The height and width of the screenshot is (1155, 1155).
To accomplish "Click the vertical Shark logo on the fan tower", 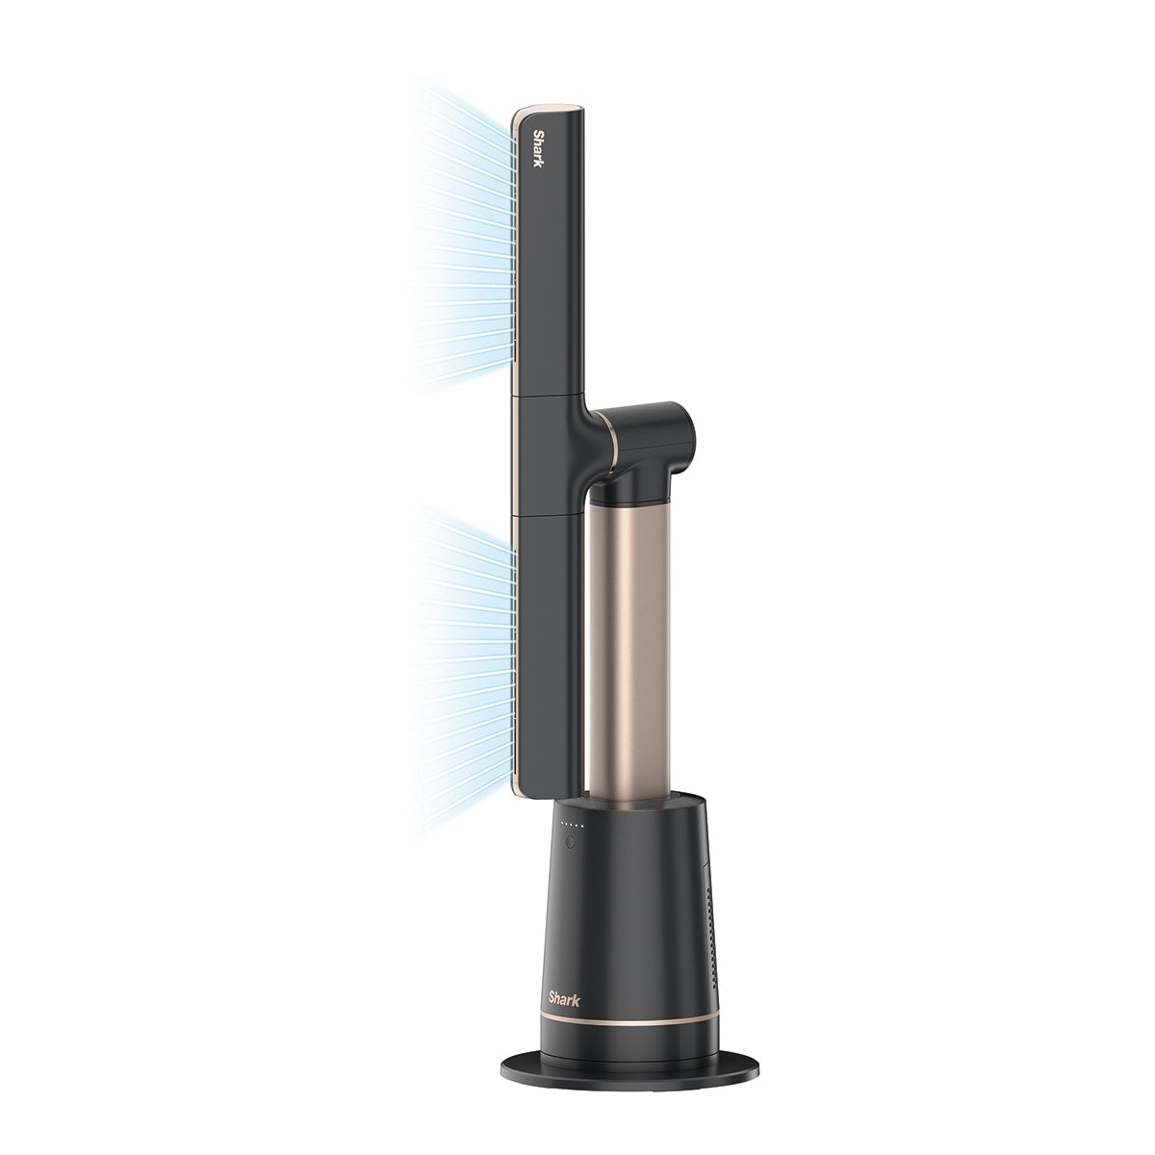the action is point(538,148).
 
